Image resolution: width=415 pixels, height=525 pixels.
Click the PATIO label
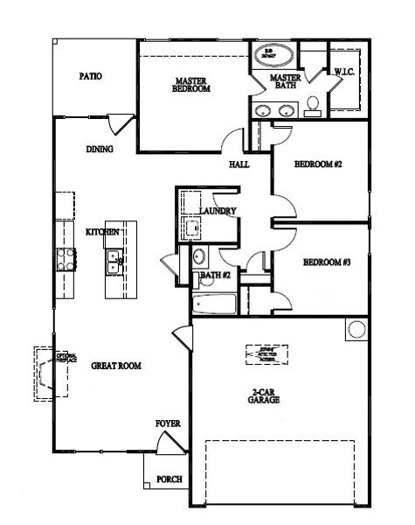(x=90, y=76)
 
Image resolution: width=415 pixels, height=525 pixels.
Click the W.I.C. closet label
(x=342, y=73)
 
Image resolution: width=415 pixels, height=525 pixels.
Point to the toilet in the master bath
(x=312, y=105)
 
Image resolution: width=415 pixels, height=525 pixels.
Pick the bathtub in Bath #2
(x=213, y=305)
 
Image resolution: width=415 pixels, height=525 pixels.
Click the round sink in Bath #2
(x=198, y=257)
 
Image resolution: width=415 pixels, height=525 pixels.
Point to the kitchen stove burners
(x=65, y=258)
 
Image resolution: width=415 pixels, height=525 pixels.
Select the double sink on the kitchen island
(x=112, y=258)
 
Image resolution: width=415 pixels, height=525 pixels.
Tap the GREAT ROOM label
(x=116, y=366)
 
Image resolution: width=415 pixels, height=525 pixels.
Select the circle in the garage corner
(x=356, y=329)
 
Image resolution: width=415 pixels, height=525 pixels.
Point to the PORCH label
(x=169, y=479)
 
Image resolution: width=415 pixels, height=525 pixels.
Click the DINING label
(x=100, y=149)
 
